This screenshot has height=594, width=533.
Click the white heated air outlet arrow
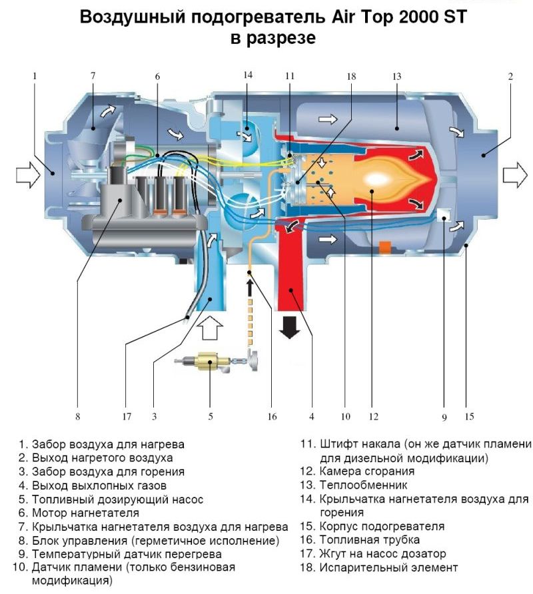coord(514,175)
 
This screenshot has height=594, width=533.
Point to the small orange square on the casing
coord(384,248)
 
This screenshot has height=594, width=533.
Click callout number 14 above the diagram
coord(248,75)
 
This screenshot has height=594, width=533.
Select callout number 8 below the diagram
coord(77,418)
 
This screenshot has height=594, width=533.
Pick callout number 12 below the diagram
coord(373,418)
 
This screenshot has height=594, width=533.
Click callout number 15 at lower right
coord(469,417)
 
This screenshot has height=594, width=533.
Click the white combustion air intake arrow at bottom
coord(211,328)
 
